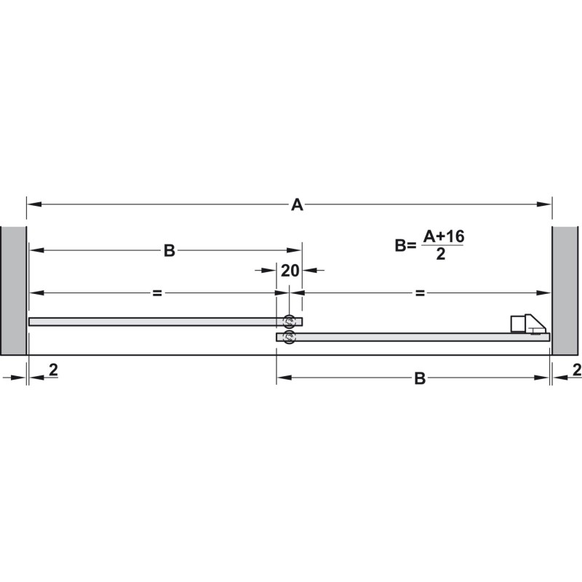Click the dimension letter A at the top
[x=297, y=204]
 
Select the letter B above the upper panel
[x=170, y=250]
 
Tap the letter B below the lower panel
[x=420, y=378]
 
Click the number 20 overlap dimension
[x=290, y=271]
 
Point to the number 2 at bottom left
[x=53, y=370]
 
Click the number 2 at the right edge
[x=577, y=370]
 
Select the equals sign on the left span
[x=157, y=293]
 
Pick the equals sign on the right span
[x=420, y=293]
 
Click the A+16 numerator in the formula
[x=444, y=236]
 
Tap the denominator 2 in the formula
[x=441, y=254]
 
